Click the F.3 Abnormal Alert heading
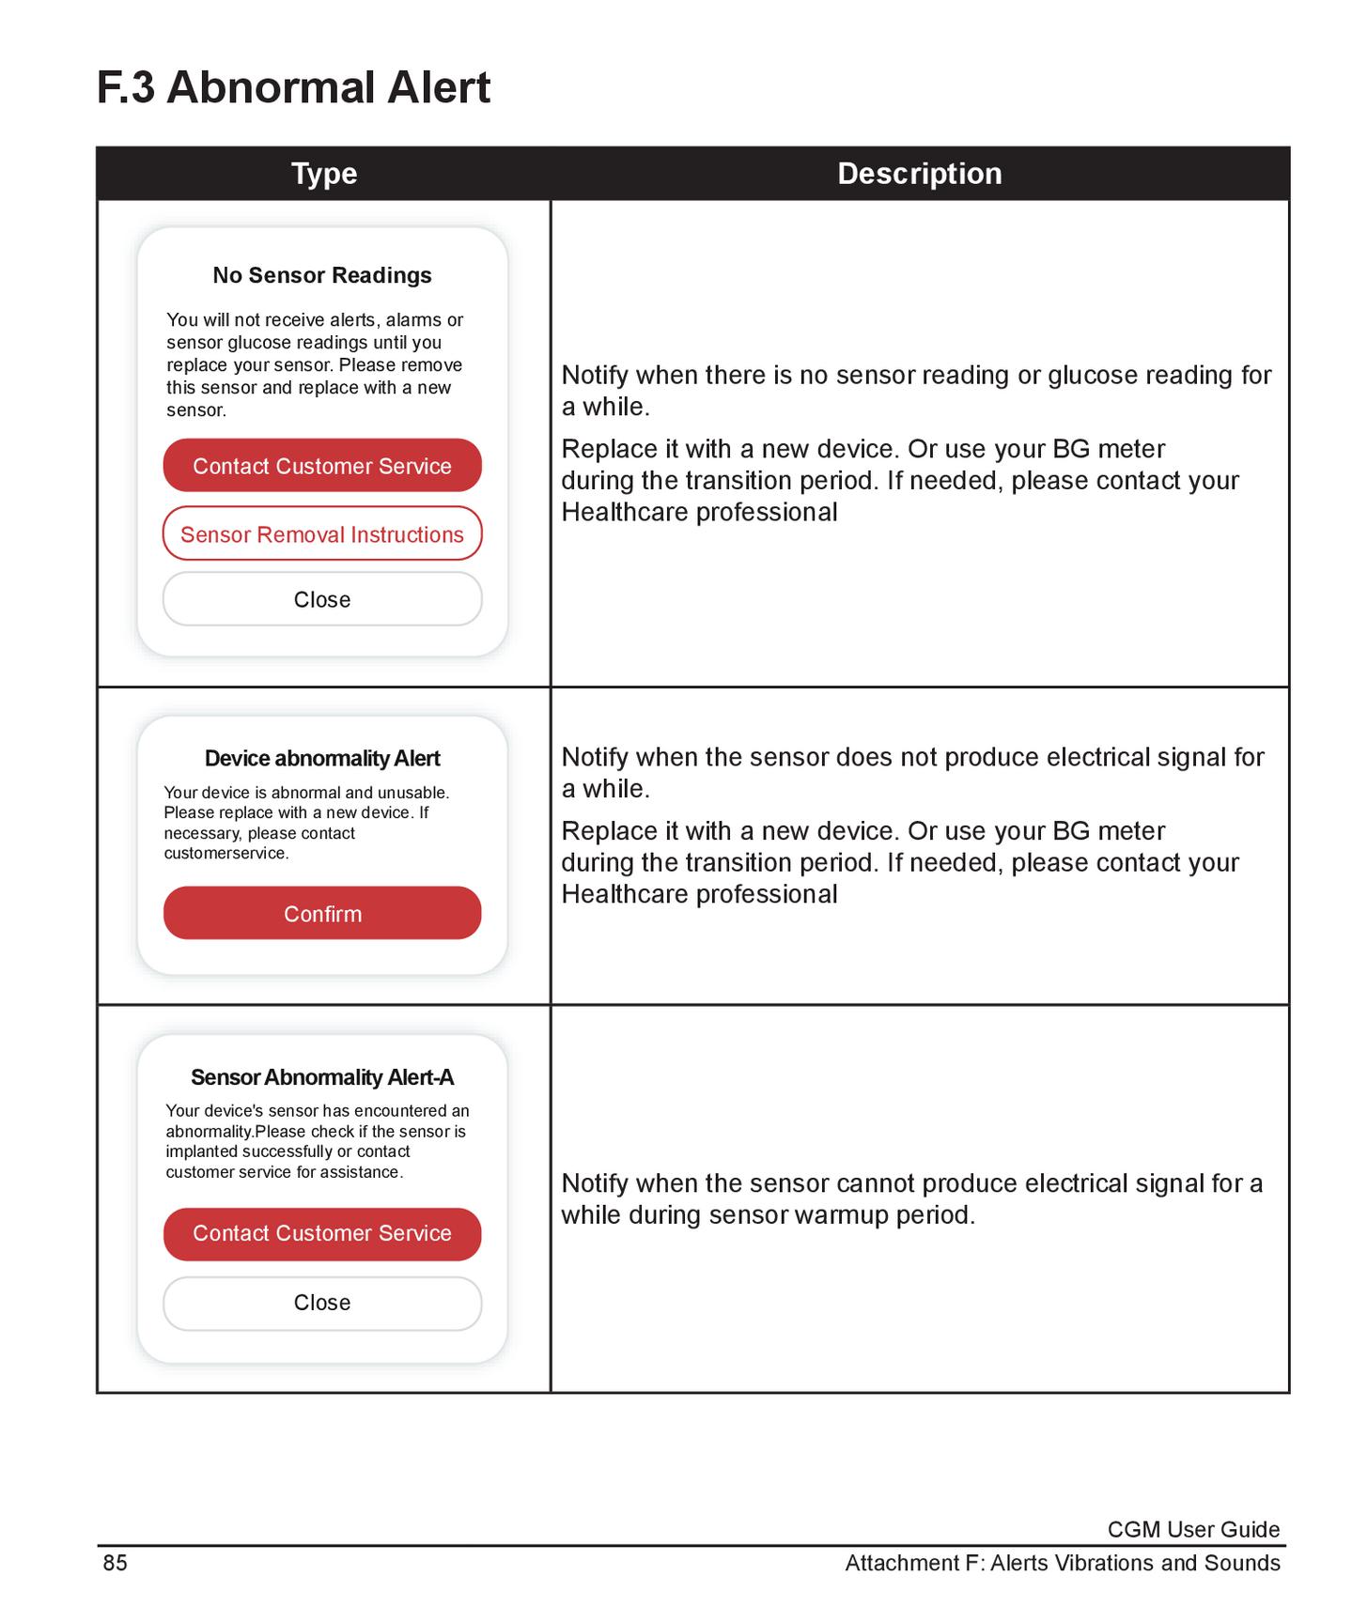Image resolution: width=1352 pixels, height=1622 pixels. (x=293, y=87)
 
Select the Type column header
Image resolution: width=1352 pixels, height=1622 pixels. (x=324, y=174)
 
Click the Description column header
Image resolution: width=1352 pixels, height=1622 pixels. (x=919, y=174)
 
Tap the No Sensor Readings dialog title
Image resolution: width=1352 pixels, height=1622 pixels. (x=322, y=275)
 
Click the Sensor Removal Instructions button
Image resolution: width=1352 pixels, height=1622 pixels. (x=322, y=534)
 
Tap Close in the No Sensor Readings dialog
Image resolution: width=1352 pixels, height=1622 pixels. (x=322, y=599)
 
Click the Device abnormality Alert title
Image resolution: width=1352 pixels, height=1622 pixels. (x=322, y=758)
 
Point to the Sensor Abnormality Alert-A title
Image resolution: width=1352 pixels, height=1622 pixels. (x=322, y=1077)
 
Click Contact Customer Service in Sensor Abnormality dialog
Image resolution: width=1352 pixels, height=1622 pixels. (x=322, y=1234)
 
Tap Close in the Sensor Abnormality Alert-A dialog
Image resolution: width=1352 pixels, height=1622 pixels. (x=322, y=1303)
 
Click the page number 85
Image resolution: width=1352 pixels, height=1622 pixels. (x=115, y=1563)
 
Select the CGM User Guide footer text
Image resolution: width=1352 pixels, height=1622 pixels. (x=1193, y=1530)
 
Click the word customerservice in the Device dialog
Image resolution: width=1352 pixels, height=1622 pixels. (x=225, y=854)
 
